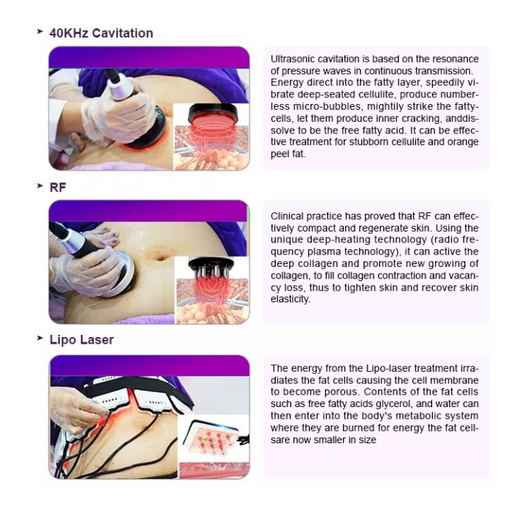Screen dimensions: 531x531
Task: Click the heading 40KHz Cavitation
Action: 101,33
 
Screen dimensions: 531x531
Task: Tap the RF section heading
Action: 58,187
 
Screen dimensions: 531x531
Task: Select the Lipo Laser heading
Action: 82,340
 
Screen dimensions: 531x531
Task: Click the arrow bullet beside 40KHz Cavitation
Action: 40,32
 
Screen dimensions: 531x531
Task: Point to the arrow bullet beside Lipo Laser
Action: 40,338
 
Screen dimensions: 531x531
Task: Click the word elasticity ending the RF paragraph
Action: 291,299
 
